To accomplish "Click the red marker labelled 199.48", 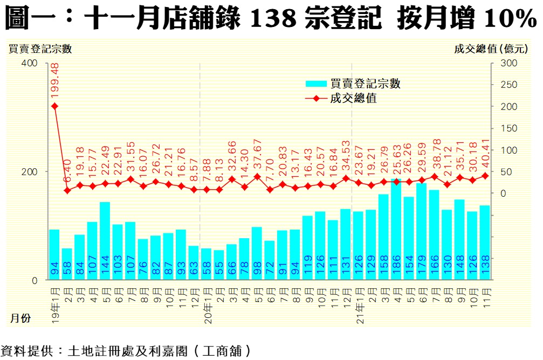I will [x=54, y=106].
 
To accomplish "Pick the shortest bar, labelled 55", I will [x=219, y=265].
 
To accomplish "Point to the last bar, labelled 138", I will [x=485, y=243].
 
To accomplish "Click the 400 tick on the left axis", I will [x=30, y=63].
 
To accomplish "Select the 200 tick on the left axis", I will [x=30, y=171].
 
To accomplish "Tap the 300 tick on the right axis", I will [x=509, y=63].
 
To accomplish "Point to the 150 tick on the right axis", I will [x=509, y=128].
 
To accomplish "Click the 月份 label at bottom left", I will [x=20, y=319].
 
